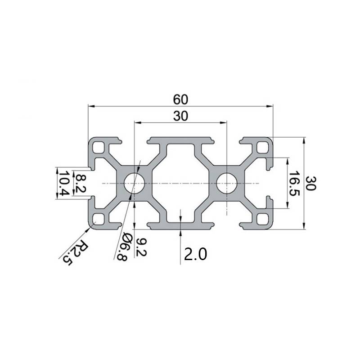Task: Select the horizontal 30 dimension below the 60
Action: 180,116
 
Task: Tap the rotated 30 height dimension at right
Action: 310,183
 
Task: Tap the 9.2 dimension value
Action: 140,247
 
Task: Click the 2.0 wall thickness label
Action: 195,255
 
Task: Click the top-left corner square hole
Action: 98,147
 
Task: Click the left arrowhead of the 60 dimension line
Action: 90,106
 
